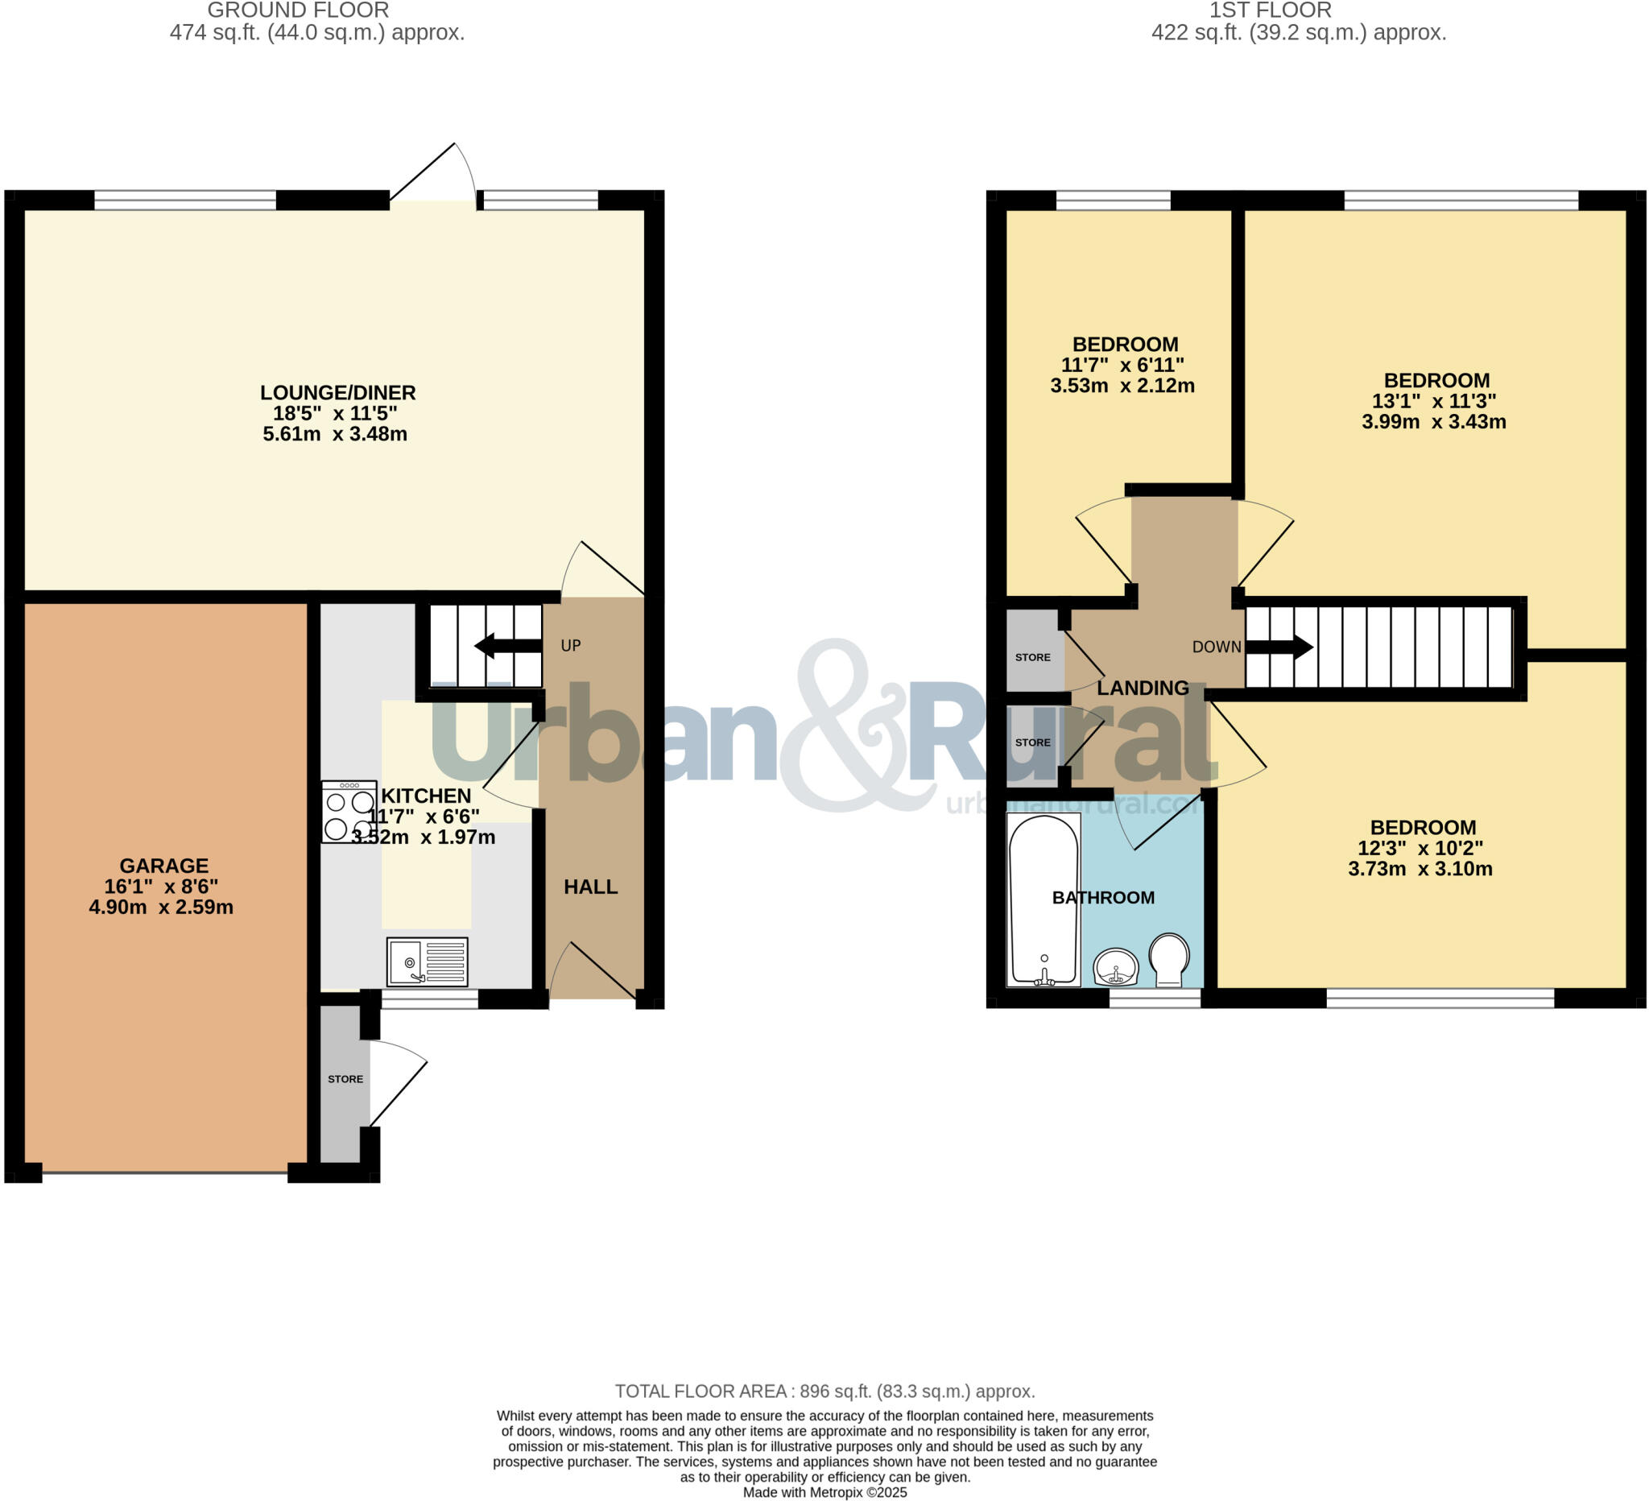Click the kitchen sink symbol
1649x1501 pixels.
(x=427, y=962)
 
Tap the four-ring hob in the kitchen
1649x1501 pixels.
(x=349, y=813)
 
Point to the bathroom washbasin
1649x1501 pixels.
(x=1116, y=968)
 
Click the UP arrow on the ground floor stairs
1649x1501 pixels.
(x=507, y=646)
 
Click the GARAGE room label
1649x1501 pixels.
(x=163, y=866)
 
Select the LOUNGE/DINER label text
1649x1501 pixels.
(x=338, y=393)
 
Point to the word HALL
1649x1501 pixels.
(x=590, y=887)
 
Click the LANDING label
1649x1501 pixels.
(x=1143, y=688)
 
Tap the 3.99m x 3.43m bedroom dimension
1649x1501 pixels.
(x=1433, y=422)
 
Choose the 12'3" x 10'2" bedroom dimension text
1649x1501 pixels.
(x=1420, y=848)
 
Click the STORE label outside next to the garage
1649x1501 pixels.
(x=345, y=1079)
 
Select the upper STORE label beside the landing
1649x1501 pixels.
(x=1032, y=658)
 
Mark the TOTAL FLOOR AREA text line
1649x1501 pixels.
(x=824, y=1391)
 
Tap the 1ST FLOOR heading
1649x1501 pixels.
(x=1270, y=10)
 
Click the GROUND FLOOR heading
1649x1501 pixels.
(x=298, y=10)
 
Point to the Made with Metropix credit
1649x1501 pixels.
(x=824, y=1493)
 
